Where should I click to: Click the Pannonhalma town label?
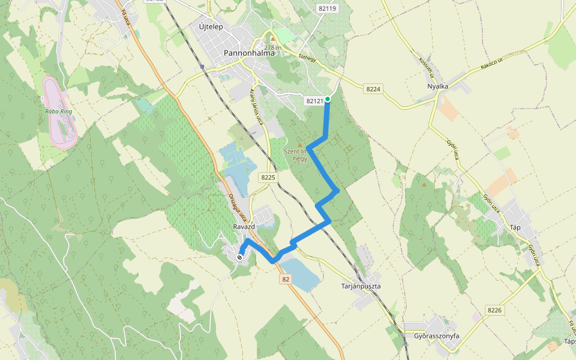click(x=249, y=53)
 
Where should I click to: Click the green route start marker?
click(x=328, y=99)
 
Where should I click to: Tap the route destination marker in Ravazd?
click(x=240, y=257)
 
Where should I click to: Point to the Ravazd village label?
click(x=244, y=227)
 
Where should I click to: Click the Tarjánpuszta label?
click(x=361, y=286)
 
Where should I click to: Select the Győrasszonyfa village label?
click(x=436, y=336)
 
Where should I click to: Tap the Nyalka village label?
click(x=437, y=86)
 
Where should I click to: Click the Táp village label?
click(x=515, y=227)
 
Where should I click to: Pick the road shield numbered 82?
click(x=285, y=279)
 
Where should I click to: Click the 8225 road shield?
click(x=268, y=178)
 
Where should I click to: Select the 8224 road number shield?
click(x=373, y=89)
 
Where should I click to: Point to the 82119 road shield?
click(x=329, y=8)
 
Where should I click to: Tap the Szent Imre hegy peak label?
click(x=299, y=155)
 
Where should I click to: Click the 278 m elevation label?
click(x=273, y=47)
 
